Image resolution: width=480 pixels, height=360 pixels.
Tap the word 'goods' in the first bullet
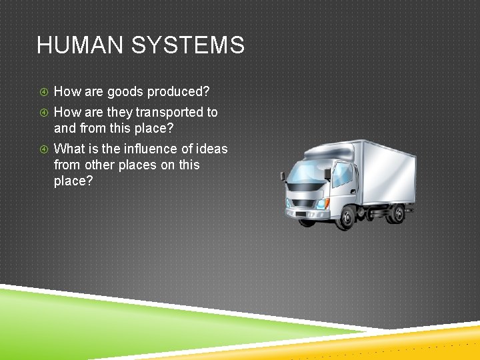(125, 92)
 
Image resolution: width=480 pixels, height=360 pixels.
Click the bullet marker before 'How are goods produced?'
(42, 92)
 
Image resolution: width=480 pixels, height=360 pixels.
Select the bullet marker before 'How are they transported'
(42, 112)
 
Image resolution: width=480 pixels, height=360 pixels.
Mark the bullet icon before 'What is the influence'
(42, 149)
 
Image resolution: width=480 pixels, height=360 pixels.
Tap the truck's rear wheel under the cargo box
(397, 213)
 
